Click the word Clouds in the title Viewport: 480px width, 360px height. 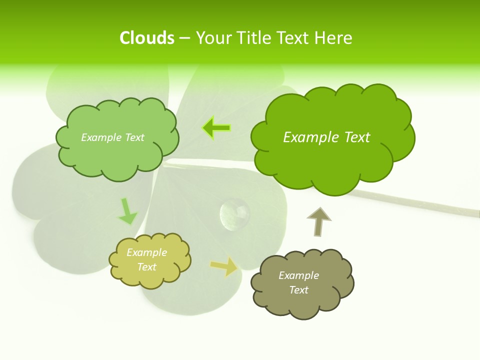point(146,38)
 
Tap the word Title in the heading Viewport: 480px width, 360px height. point(253,38)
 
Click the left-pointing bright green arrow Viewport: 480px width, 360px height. point(216,128)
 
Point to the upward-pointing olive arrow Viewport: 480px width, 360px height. point(318,221)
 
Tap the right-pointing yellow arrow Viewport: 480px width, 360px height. point(224,267)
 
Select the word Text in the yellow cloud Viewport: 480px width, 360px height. point(146,267)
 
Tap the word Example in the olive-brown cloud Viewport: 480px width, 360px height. point(298,275)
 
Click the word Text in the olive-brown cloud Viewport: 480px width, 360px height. point(298,290)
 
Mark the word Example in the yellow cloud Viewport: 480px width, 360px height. point(146,252)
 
